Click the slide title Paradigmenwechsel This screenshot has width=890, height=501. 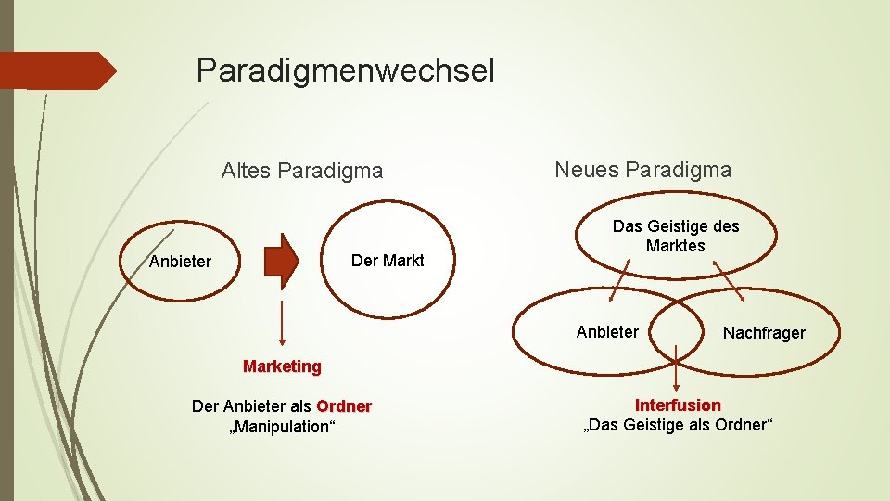[x=345, y=71]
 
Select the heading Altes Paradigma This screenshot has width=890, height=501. [x=301, y=171]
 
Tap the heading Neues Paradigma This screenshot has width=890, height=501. [x=642, y=170]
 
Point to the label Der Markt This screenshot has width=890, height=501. [x=388, y=261]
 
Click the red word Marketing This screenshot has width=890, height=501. [x=282, y=366]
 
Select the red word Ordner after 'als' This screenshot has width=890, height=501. [x=344, y=406]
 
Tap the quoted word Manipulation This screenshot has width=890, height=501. [x=280, y=427]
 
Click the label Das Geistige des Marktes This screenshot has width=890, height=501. [x=676, y=236]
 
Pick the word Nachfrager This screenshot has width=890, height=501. [x=764, y=332]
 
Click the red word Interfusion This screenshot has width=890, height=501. [x=677, y=405]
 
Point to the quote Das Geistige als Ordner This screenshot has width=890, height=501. [x=677, y=426]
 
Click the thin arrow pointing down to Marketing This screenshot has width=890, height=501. [x=281, y=325]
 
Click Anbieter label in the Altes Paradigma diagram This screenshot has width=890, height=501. [x=180, y=262]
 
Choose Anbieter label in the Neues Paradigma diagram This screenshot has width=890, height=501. [x=607, y=331]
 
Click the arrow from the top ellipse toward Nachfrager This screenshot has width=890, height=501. [x=729, y=279]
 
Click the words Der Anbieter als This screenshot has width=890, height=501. [x=251, y=406]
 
